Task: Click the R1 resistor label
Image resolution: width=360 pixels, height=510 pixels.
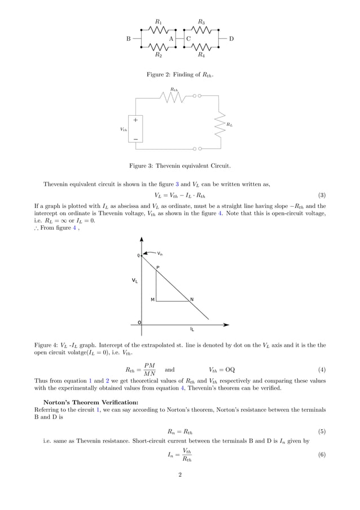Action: tap(159, 22)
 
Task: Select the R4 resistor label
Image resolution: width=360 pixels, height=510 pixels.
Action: tap(201, 55)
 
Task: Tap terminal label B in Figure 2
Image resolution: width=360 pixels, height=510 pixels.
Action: tap(128, 38)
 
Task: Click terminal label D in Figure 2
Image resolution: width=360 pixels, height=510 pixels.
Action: tap(231, 38)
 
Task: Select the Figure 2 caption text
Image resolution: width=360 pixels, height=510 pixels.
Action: tap(180, 75)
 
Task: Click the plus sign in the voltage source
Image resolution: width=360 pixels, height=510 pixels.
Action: tap(135, 120)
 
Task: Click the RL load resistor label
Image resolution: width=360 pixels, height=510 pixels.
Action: tap(229, 124)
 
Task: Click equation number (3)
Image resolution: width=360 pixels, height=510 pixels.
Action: tap(321, 195)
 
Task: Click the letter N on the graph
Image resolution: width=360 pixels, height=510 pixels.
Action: tap(192, 299)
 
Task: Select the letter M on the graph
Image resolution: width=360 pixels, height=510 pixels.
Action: tap(152, 299)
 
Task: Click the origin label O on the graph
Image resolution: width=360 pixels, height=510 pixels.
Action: tap(139, 322)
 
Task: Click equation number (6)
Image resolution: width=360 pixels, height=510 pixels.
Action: tap(321, 455)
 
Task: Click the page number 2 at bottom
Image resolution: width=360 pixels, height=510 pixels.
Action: tap(179, 474)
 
